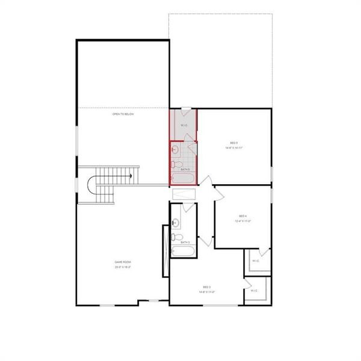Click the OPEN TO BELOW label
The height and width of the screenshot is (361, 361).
pyautogui.click(x=123, y=114)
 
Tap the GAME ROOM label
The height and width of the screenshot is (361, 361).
pyautogui.click(x=123, y=262)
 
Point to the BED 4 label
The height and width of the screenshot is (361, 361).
pyautogui.click(x=243, y=216)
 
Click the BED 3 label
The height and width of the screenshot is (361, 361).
pyautogui.click(x=207, y=287)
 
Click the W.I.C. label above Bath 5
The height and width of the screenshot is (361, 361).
pyautogui.click(x=184, y=125)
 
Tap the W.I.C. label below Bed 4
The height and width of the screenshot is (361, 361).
pyautogui.click(x=256, y=261)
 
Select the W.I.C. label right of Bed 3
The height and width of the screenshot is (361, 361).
pyautogui.click(x=254, y=291)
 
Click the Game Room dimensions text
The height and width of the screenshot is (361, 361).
pyautogui.click(x=123, y=267)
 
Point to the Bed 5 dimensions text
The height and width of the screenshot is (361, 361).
pyautogui.click(x=233, y=147)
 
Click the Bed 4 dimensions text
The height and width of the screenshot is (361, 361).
pyautogui.click(x=243, y=221)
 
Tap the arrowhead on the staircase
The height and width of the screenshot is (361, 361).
pyautogui.click(x=131, y=176)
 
